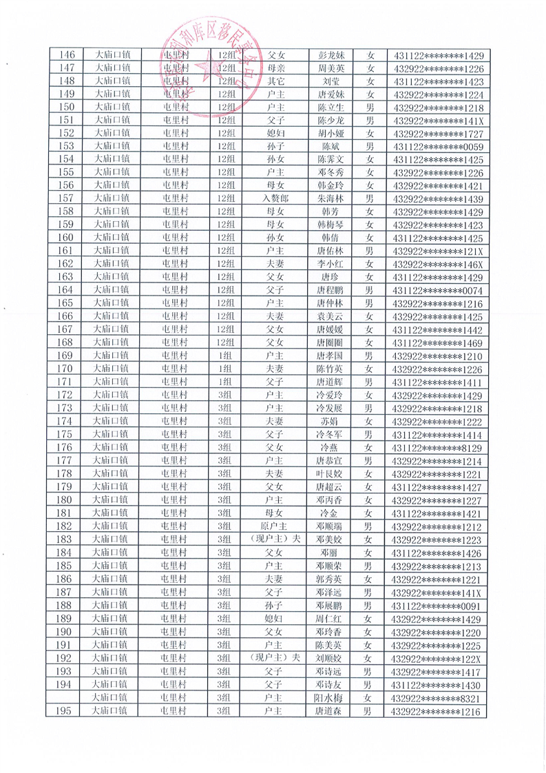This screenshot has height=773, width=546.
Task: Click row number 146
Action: pyautogui.click(x=67, y=56)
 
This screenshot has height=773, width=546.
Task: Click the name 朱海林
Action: pyautogui.click(x=330, y=198)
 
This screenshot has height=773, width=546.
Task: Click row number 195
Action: pyautogui.click(x=67, y=710)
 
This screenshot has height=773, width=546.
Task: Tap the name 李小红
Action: pyautogui.click(x=330, y=264)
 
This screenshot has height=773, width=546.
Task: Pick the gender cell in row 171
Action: pyautogui.click(x=369, y=382)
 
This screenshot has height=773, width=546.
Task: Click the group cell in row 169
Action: pyautogui.click(x=224, y=355)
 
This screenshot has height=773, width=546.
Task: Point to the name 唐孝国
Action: pyautogui.click(x=330, y=355)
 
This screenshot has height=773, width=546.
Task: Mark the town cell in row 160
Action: pyautogui.click(x=110, y=238)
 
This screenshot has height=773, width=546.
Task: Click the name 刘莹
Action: pyautogui.click(x=330, y=82)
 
